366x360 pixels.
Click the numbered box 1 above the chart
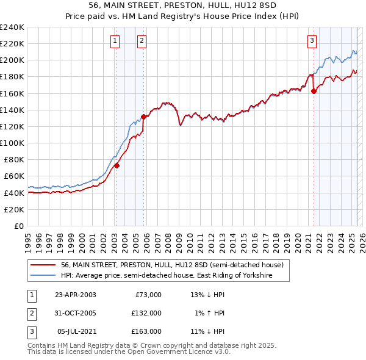(115, 41)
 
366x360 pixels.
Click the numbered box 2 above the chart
(142, 41)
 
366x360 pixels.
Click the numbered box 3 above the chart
(312, 41)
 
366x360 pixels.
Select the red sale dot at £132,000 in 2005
(144, 117)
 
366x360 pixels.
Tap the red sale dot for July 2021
(314, 91)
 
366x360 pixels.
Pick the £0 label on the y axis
(18, 226)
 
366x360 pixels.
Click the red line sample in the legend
(44, 265)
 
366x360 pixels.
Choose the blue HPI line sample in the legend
(44, 276)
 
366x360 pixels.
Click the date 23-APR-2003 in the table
(75, 295)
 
